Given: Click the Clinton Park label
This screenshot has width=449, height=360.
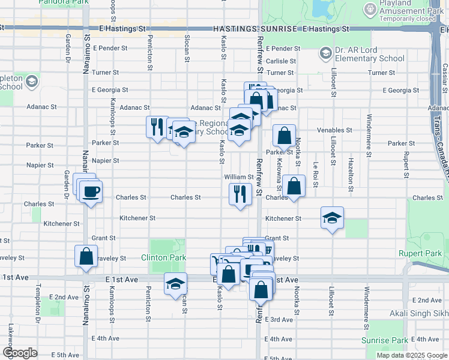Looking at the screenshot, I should click(x=163, y=257).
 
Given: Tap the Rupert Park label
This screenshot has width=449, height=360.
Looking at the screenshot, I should click(x=420, y=253).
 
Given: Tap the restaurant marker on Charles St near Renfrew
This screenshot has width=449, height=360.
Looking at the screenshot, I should click(x=240, y=194).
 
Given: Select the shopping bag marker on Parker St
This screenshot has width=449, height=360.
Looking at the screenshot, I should click(x=284, y=136).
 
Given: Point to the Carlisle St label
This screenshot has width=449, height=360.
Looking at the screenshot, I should click(x=281, y=61).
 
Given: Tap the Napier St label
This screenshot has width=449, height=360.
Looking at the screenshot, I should click(x=105, y=161).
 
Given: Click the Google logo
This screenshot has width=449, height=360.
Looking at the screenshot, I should click(x=20, y=353).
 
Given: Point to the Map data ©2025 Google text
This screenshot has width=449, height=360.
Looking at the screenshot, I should click(x=411, y=355).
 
